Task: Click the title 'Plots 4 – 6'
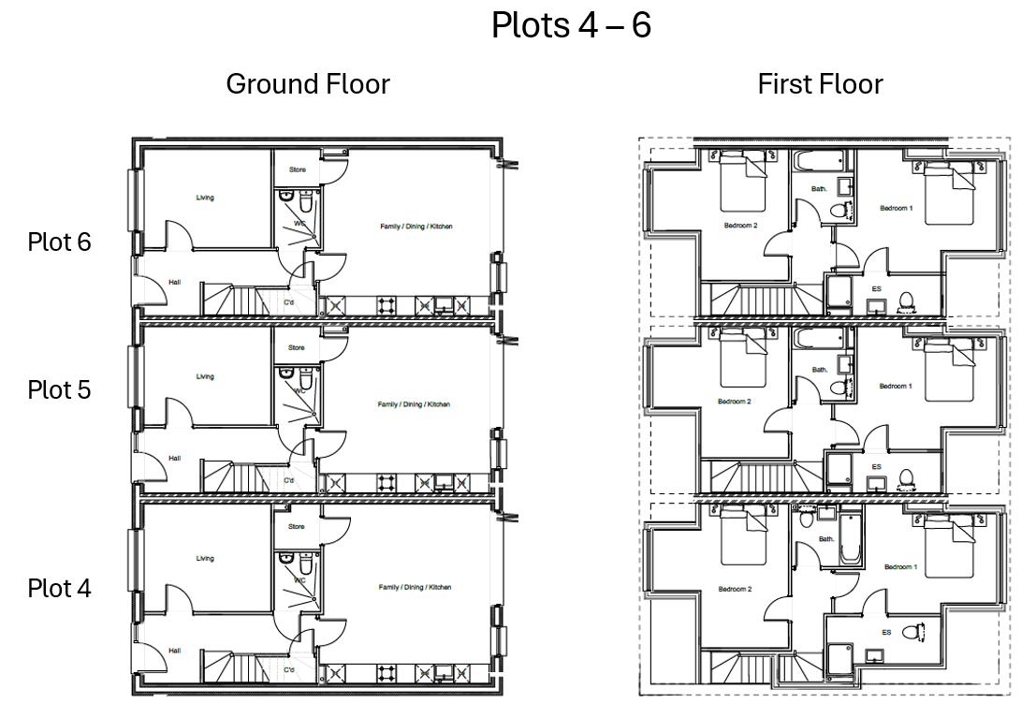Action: point(571,25)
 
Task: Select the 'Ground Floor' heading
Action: point(308,84)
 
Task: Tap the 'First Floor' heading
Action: point(820,84)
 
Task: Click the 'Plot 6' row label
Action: point(59,242)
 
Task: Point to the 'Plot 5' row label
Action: point(59,389)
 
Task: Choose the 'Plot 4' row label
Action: point(59,589)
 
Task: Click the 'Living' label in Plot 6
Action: point(205,198)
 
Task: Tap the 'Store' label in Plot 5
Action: point(297,347)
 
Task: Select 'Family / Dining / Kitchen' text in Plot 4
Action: point(415,587)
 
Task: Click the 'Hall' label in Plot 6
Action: point(175,282)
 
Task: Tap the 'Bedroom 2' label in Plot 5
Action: point(735,402)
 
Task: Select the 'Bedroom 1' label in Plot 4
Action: point(900,567)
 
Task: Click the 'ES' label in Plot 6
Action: point(876,289)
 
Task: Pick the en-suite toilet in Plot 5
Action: point(906,478)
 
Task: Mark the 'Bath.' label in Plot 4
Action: point(826,539)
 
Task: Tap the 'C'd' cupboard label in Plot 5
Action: point(289,480)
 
